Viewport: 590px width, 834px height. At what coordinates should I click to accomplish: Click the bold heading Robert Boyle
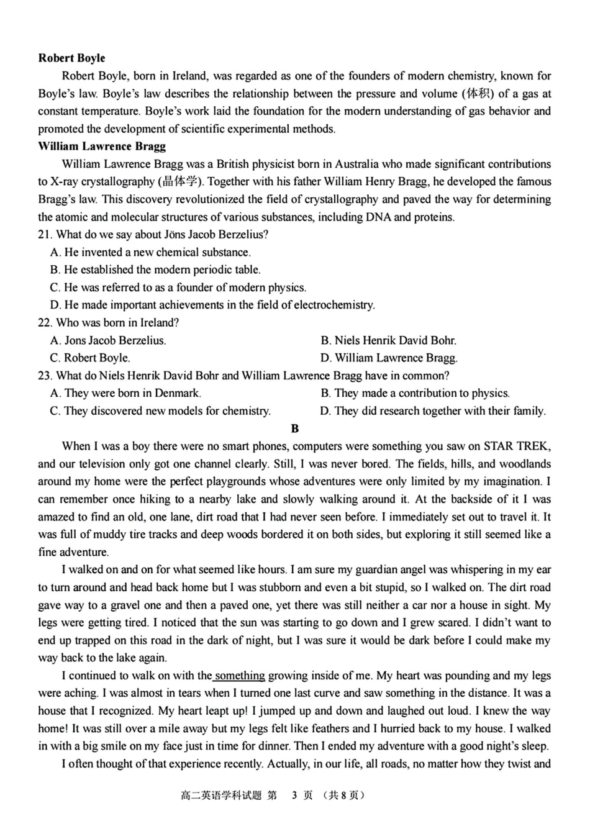click(x=71, y=58)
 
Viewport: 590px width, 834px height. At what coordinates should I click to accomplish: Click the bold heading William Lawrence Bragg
click(x=102, y=147)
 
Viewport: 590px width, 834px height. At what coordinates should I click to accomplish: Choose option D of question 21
click(x=212, y=305)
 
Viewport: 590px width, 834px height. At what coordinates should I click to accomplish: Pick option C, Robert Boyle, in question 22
click(x=90, y=358)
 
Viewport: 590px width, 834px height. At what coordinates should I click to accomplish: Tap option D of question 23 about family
click(x=433, y=410)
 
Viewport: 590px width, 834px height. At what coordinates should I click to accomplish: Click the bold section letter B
click(x=295, y=428)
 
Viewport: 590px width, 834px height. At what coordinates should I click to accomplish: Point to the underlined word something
click(x=240, y=676)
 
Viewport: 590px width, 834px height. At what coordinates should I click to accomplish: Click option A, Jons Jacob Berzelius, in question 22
click(x=108, y=340)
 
